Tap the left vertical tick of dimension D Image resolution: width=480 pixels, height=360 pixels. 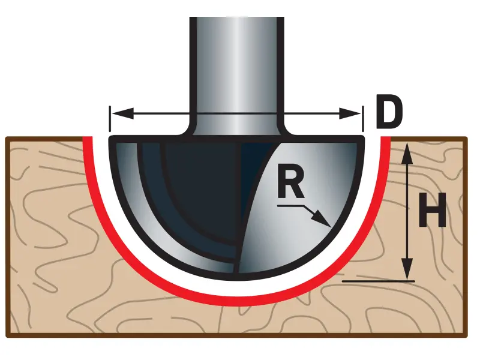[x=110, y=118]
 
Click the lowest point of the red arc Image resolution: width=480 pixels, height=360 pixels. [x=236, y=301]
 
